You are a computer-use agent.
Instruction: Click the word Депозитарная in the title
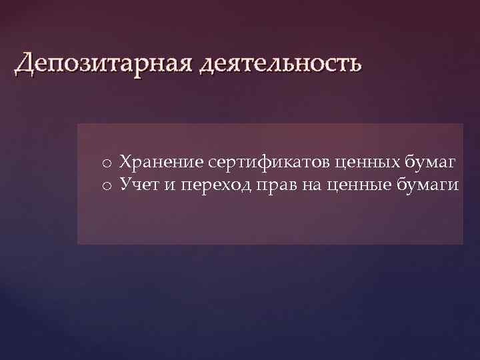[101, 64]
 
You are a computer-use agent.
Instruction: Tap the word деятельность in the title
[279, 64]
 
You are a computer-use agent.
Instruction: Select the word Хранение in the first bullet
[161, 162]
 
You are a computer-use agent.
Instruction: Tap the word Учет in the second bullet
[139, 185]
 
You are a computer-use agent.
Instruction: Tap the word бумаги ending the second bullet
[427, 185]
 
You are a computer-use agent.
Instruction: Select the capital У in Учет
[125, 185]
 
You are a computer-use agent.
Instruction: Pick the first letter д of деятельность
[205, 65]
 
